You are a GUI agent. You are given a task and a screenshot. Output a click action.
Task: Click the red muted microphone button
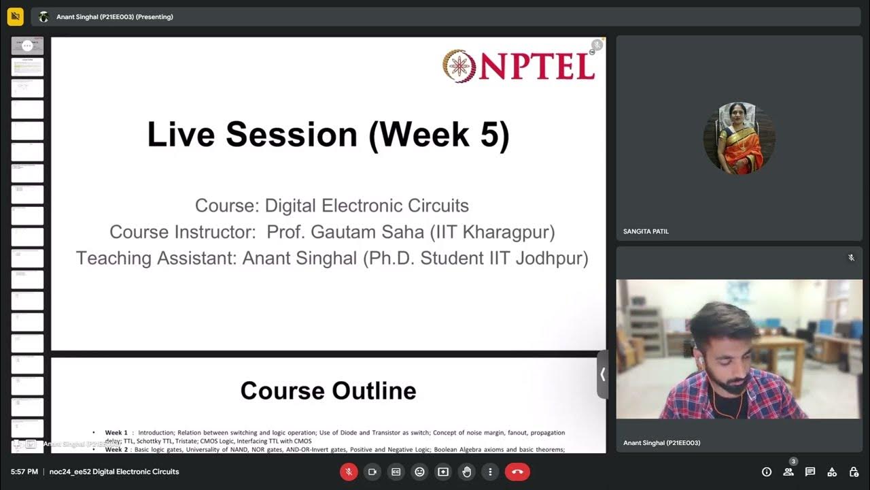pos(349,472)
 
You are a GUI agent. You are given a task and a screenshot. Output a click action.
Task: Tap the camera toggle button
pos(372,472)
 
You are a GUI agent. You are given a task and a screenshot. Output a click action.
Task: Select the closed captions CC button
pos(396,472)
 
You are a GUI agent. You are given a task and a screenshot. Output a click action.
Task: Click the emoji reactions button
pos(419,472)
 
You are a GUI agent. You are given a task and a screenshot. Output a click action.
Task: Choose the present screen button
pos(443,472)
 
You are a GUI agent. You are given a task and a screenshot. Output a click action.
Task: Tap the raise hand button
pos(467,472)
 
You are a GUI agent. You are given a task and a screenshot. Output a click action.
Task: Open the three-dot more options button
pos(490,472)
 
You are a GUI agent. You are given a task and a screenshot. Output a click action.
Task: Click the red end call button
pos(517,472)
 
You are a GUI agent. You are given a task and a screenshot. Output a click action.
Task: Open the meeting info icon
pos(767,472)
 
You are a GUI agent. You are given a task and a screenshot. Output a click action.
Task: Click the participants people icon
pos(788,472)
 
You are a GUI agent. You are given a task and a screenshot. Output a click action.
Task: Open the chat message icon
pos(810,472)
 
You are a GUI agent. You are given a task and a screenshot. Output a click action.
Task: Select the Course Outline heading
pos(328,391)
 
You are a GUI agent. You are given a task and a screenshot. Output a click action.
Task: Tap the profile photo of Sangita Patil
pos(739,138)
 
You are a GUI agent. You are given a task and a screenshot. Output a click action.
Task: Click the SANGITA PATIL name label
pos(646,232)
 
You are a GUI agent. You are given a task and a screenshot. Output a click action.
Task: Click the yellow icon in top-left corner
pos(15,16)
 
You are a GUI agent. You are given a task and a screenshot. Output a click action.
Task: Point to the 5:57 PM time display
pos(24,472)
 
